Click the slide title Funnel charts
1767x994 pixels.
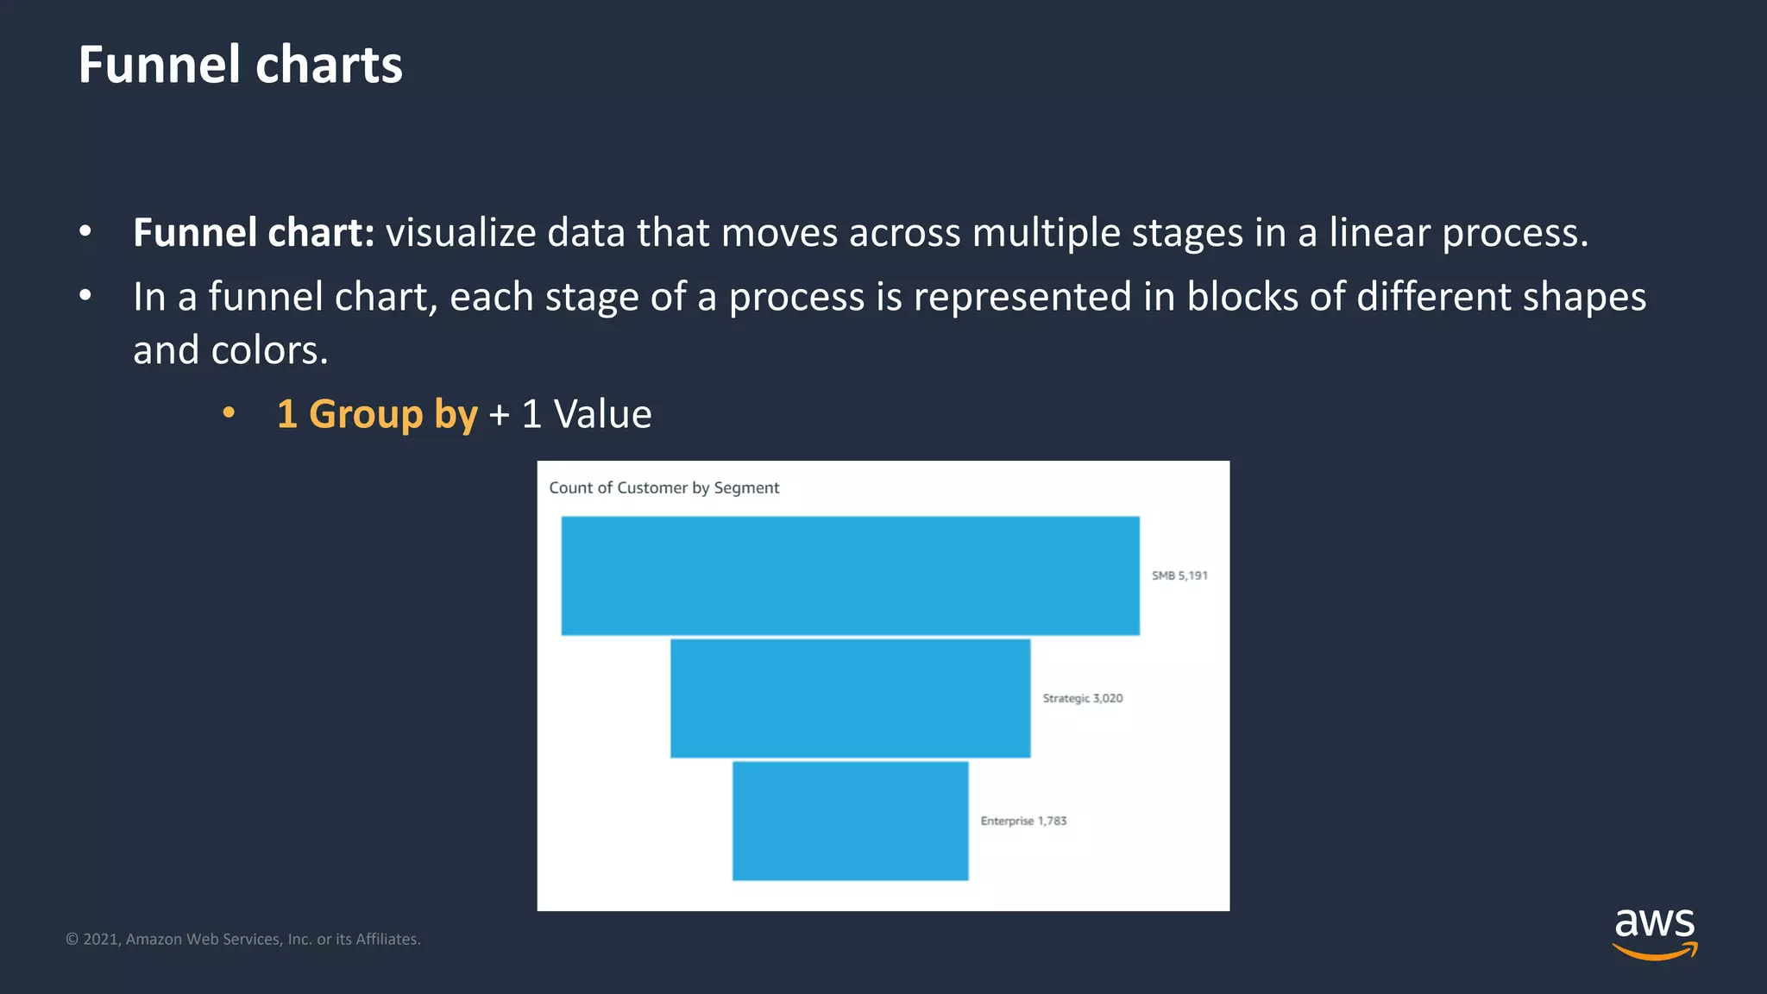point(240,65)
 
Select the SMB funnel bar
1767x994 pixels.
point(850,576)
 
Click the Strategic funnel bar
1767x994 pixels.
point(850,698)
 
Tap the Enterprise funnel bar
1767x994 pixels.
point(850,821)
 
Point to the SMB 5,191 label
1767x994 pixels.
point(1179,576)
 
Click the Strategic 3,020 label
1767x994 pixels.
point(1082,698)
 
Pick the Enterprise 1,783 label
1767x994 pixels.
point(1023,821)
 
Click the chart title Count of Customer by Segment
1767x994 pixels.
point(663,488)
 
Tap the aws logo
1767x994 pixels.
point(1654,932)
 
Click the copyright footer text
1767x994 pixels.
point(243,939)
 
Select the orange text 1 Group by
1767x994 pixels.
point(377,414)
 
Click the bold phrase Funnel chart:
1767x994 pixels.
point(254,233)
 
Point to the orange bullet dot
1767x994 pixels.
point(229,412)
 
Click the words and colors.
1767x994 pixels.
point(230,350)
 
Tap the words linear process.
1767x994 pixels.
point(1457,233)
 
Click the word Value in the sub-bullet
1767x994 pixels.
point(602,414)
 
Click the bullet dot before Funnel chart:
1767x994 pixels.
point(85,231)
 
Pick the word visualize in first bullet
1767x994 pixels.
point(461,233)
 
